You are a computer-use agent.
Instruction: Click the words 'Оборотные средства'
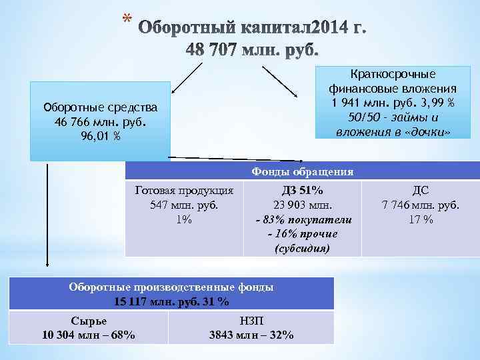pos(99,108)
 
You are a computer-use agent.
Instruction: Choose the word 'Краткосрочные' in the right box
pos(392,75)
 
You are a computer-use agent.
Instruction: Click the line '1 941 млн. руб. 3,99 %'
pos(392,103)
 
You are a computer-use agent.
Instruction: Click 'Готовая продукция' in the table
pos(184,190)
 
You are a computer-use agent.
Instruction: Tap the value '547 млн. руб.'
pos(184,205)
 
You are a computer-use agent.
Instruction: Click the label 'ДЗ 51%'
pos(303,190)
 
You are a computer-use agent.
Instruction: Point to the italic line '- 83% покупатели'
pos(303,219)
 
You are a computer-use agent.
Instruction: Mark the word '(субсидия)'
pos(303,249)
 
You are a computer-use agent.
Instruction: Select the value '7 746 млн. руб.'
pos(421,205)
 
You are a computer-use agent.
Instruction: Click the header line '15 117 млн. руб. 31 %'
pos(171,301)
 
